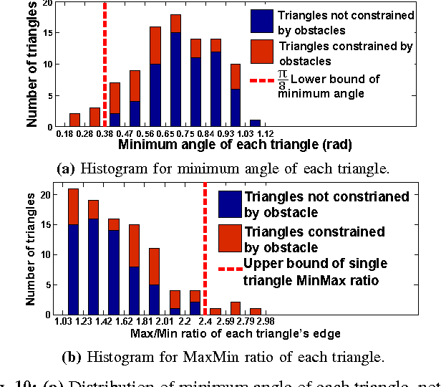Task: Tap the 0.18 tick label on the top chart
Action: tap(64, 133)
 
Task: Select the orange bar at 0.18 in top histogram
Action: tap(74, 119)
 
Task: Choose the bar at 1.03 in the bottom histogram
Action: tap(73, 251)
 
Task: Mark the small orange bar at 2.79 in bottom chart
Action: tap(255, 311)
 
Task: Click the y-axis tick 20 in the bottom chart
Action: tap(47, 195)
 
